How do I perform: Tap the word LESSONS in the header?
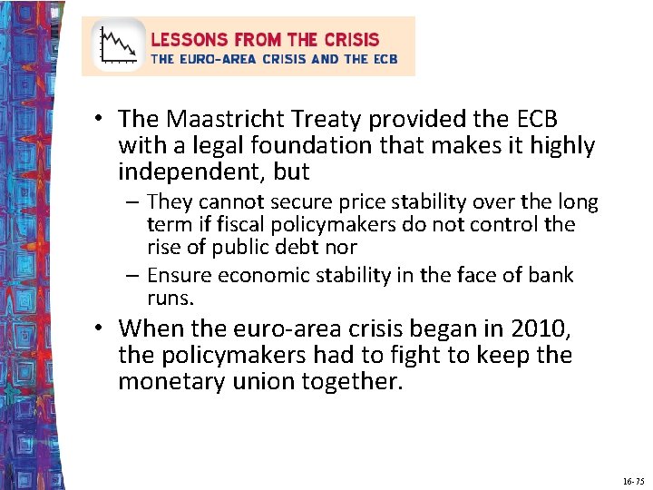click(x=190, y=40)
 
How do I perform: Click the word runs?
click(x=169, y=298)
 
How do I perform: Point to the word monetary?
click(x=170, y=381)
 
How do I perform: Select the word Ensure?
click(x=178, y=275)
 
